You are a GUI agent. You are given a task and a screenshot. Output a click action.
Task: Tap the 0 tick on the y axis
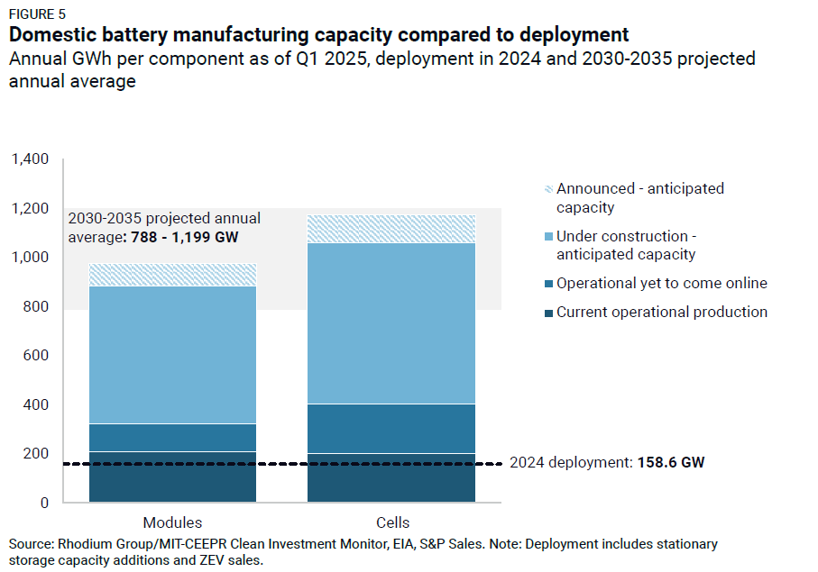coord(44,503)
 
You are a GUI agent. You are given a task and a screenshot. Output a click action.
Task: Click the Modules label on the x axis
coord(172,522)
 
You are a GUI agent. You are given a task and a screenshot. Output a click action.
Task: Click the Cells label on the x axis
coord(392,522)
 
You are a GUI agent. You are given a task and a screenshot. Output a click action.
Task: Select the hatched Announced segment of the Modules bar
coord(172,275)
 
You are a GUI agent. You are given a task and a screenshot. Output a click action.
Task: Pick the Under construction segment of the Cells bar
coord(391,323)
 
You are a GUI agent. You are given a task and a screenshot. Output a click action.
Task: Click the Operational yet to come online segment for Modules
coord(172,438)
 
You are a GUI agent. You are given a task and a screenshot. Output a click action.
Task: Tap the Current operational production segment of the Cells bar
coord(391,477)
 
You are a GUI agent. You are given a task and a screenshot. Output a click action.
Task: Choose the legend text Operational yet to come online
coord(661,283)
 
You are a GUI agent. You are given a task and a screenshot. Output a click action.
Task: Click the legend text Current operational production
coord(661,312)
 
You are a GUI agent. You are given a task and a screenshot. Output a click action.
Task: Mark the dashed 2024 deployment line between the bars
coord(281,464)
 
